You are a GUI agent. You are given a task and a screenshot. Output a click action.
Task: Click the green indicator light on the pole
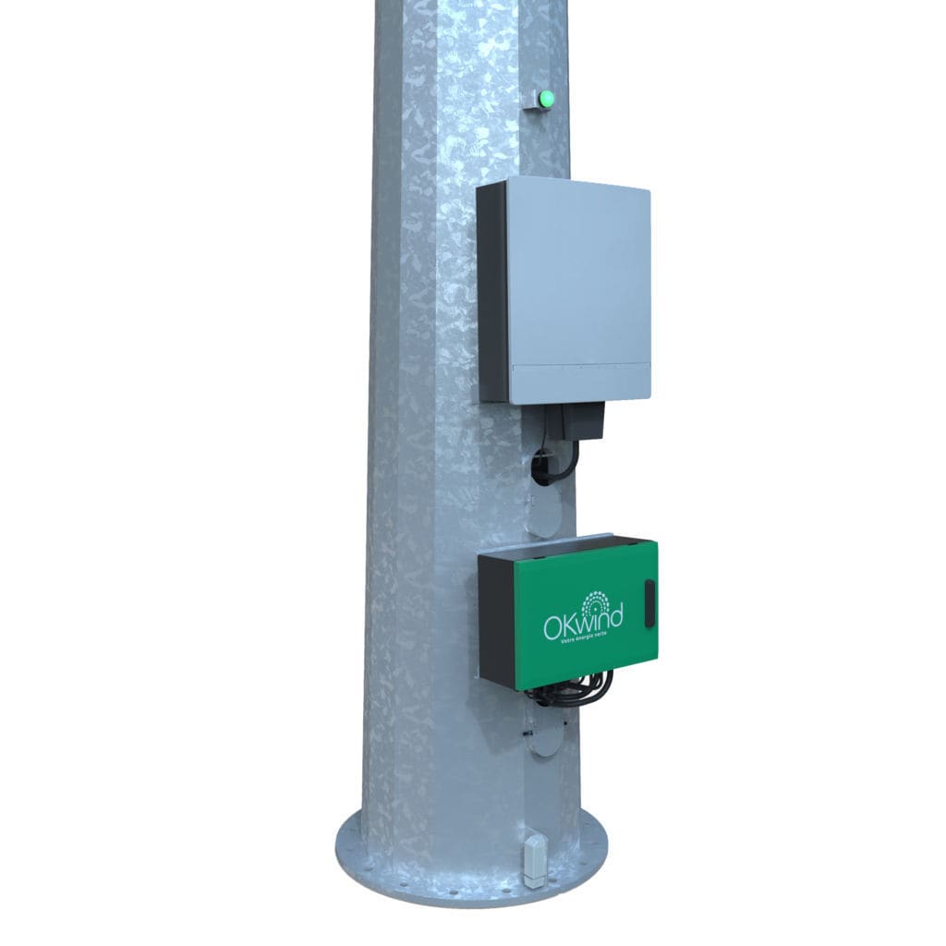[x=546, y=97]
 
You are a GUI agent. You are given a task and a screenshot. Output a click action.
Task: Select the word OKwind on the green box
[x=582, y=622]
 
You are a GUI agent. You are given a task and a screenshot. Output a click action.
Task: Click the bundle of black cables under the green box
[x=573, y=691]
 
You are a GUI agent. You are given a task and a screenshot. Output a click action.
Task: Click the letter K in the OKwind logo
[x=569, y=624]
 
